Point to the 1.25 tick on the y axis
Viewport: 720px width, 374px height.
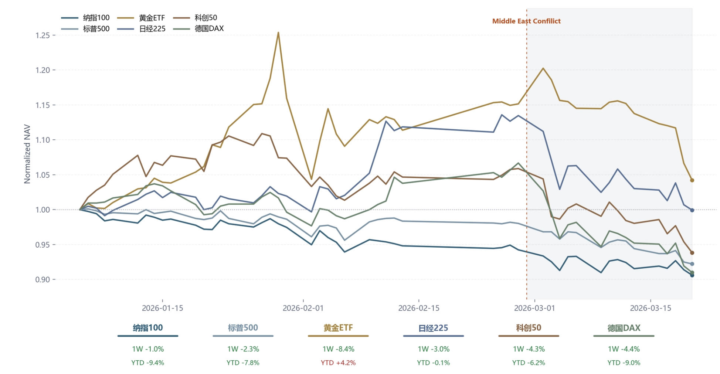[43, 35]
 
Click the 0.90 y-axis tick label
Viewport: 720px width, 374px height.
[43, 280]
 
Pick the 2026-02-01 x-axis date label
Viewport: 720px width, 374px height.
[303, 308]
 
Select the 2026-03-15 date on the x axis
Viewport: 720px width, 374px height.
[650, 308]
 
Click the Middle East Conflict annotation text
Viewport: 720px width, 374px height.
[526, 21]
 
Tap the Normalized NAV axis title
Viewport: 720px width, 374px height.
[27, 154]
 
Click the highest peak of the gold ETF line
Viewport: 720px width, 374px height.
[278, 33]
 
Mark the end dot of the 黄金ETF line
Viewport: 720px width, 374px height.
[692, 180]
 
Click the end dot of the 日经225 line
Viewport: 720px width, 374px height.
[692, 210]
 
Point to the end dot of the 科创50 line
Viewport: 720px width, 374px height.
[692, 253]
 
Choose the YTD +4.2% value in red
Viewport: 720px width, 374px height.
[338, 363]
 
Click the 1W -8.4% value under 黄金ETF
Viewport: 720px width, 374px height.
[338, 349]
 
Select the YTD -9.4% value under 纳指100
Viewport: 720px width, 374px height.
[147, 363]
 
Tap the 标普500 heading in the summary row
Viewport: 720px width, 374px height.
[243, 328]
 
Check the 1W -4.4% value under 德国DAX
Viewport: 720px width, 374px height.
[624, 349]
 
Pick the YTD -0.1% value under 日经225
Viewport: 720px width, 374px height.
[433, 363]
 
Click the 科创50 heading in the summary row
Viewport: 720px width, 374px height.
[528, 328]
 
